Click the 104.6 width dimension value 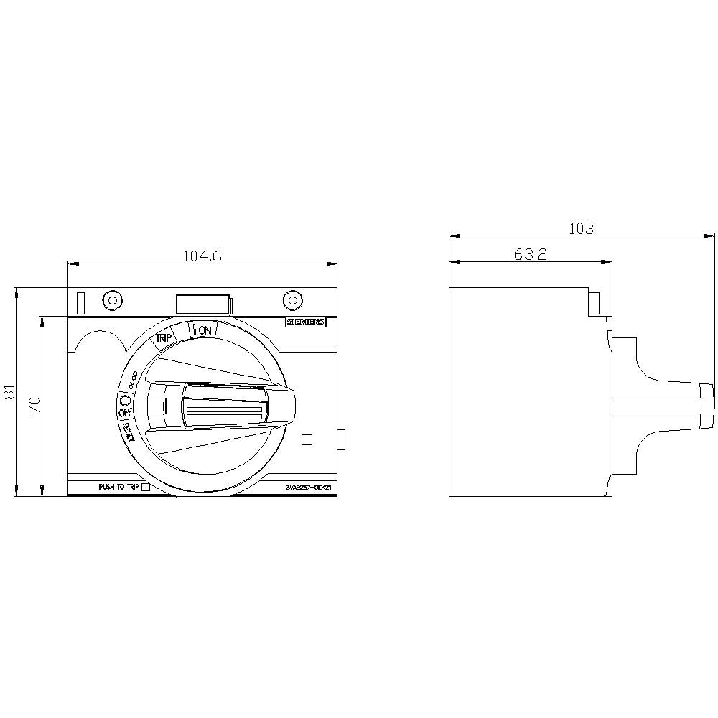pos(202,256)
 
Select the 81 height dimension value pos(9,392)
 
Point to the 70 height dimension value pos(33,405)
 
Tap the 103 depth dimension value pos(581,228)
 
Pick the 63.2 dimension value pos(530,254)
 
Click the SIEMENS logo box pos(305,322)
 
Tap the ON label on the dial pos(205,330)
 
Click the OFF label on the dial pos(125,413)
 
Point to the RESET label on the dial pos(129,433)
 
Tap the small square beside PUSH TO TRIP pos(146,488)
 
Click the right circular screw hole pos(291,301)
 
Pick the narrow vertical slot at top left pos(80,302)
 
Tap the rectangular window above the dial pos(203,304)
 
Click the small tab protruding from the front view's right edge pos(342,439)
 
